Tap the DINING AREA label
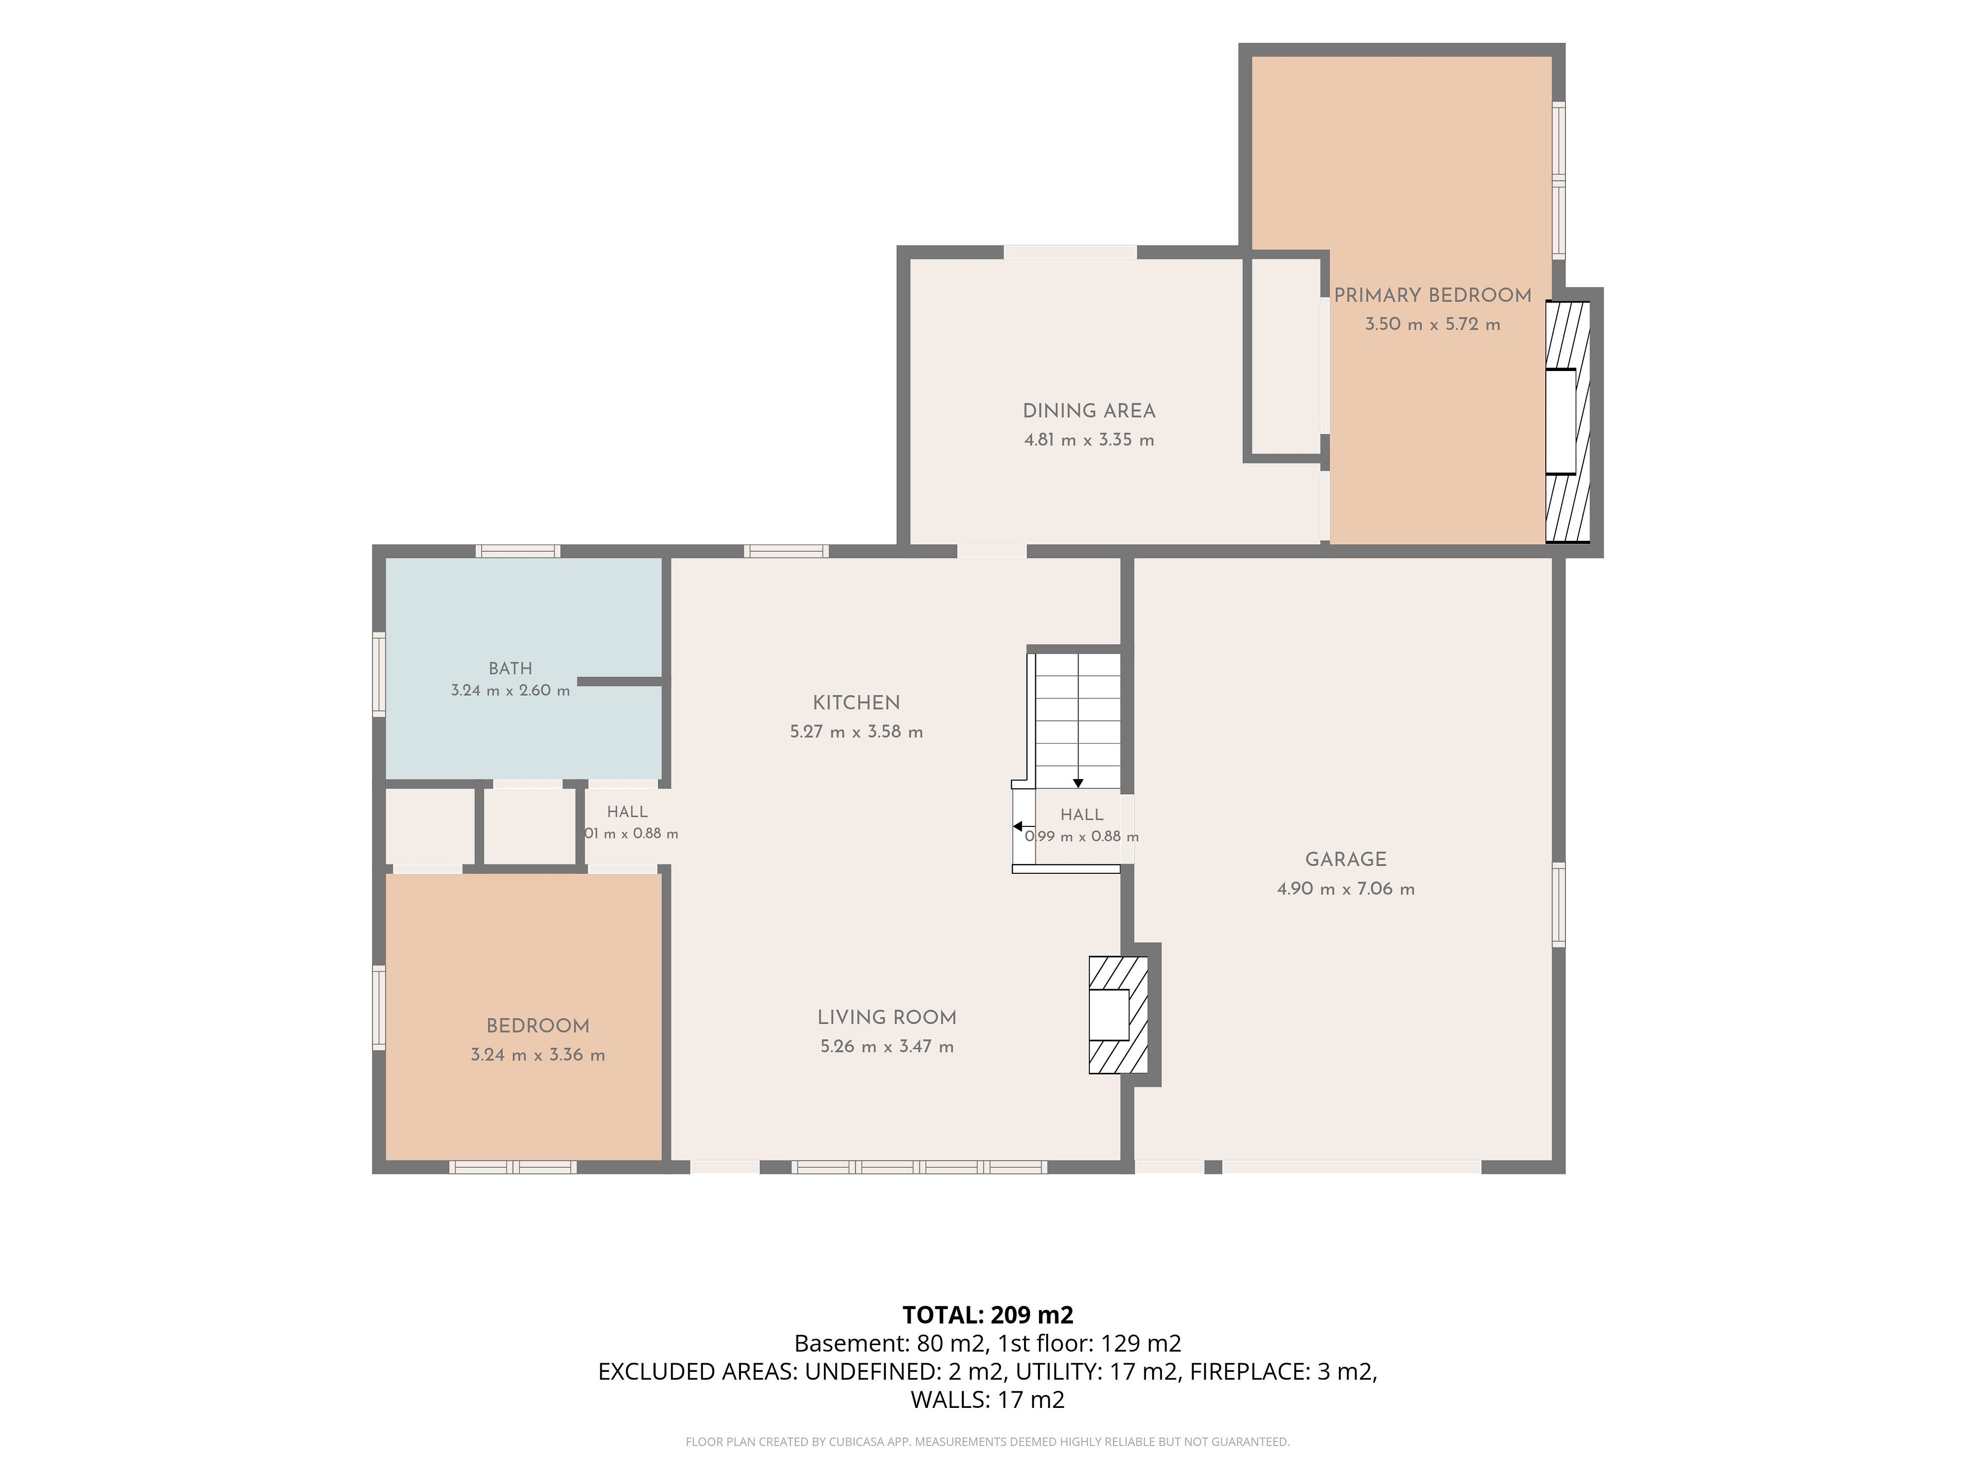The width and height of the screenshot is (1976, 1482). (x=1089, y=411)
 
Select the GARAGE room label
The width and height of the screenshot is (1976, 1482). (x=1345, y=859)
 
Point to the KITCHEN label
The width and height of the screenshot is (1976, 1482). (x=856, y=703)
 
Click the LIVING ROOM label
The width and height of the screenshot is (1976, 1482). (x=887, y=1017)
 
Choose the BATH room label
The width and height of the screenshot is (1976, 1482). (x=510, y=668)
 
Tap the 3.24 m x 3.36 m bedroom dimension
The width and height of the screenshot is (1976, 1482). (x=538, y=1055)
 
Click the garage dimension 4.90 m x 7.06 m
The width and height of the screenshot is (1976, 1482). (x=1345, y=889)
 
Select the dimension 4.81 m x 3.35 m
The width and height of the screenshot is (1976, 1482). (x=1089, y=440)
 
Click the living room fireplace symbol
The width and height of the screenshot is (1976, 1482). (x=1118, y=1015)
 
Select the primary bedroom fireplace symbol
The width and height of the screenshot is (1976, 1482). (x=1568, y=421)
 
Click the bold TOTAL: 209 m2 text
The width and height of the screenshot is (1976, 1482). (x=988, y=1315)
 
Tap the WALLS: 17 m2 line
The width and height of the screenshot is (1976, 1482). (x=988, y=1400)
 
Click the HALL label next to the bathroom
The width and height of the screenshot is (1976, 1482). (x=627, y=812)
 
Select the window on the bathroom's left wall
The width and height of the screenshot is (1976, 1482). (x=379, y=675)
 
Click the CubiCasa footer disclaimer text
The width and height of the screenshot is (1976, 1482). (x=988, y=1442)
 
